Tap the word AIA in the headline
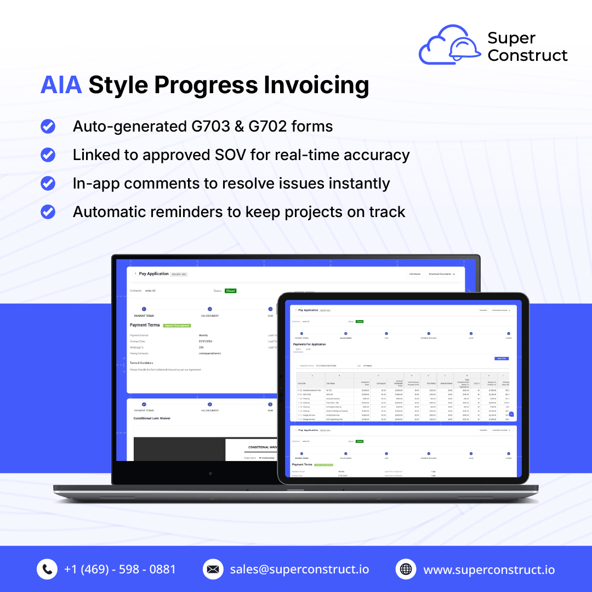(x=61, y=86)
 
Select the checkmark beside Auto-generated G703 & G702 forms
(x=48, y=127)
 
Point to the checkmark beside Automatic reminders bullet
(x=48, y=212)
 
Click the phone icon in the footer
(x=47, y=570)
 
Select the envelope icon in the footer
(x=213, y=570)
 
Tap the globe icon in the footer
(x=406, y=570)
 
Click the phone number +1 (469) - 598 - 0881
(x=120, y=570)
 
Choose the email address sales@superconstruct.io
(x=299, y=570)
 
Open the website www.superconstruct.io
(x=489, y=570)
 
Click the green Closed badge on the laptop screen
(x=230, y=291)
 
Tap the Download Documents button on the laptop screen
(x=441, y=274)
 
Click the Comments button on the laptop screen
(x=415, y=274)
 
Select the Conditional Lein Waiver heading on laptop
(x=152, y=418)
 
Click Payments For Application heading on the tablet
(x=309, y=344)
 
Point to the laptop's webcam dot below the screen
(x=210, y=473)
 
